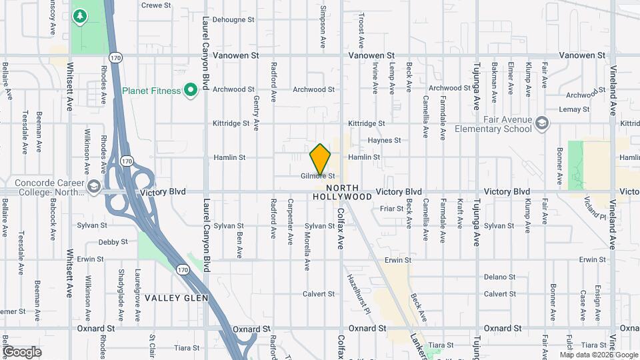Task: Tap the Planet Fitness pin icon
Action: (191, 90)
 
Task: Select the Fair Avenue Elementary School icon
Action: (543, 123)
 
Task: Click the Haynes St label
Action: (385, 141)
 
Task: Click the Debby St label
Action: (113, 242)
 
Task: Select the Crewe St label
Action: (157, 5)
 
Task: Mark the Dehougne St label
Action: (232, 21)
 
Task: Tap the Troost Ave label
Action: (361, 30)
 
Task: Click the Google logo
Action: (23, 351)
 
